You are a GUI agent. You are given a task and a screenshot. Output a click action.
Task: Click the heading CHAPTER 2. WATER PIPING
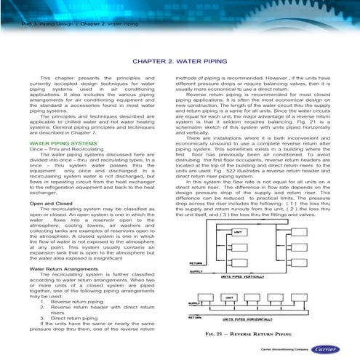pos(180,63)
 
